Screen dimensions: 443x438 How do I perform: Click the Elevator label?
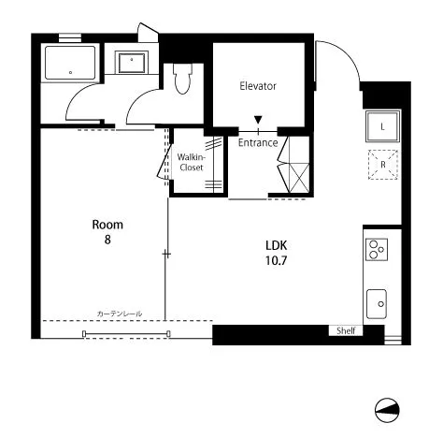258,86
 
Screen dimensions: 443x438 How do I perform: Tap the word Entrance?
258,142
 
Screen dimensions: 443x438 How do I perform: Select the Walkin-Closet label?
192,162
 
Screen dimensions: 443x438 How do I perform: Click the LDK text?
276,245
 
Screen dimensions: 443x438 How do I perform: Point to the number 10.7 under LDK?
276,260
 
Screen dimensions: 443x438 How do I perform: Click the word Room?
107,225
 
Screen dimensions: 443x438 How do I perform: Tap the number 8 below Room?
107,240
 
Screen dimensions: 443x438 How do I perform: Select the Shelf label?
346,330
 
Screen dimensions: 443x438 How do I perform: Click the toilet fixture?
182,79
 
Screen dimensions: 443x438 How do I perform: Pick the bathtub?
70,63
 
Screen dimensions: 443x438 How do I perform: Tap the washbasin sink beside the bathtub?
132,63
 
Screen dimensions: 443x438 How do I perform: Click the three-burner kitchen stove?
377,250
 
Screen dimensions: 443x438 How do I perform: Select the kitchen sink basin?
377,304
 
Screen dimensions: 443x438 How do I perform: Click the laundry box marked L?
383,126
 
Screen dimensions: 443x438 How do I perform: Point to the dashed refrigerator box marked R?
383,165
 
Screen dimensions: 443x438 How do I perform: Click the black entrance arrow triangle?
258,120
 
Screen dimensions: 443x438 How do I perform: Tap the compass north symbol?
387,410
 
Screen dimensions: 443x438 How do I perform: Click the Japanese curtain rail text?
120,314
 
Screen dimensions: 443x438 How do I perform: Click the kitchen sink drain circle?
381,304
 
